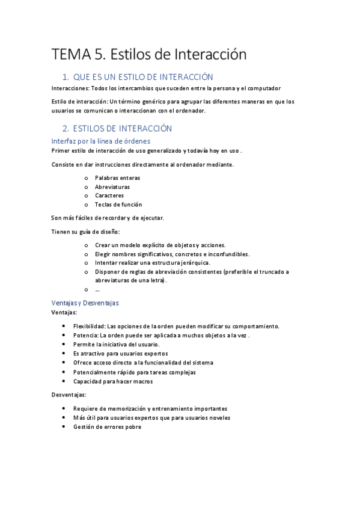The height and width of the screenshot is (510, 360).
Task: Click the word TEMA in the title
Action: coord(70,55)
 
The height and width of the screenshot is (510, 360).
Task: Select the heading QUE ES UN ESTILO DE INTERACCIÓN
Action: coord(143,77)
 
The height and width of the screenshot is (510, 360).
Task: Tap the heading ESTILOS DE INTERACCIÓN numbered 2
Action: coord(122,129)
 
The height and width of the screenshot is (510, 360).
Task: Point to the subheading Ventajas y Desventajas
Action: coord(85,303)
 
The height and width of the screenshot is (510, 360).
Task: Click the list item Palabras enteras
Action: coord(117,178)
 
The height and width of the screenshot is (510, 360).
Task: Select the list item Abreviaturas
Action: coord(112,187)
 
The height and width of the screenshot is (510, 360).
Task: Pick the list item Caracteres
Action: coord(109,195)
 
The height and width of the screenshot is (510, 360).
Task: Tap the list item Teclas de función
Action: coord(118,204)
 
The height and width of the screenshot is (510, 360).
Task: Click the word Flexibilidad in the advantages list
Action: coord(90,326)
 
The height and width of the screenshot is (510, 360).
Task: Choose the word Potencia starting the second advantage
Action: coord(85,335)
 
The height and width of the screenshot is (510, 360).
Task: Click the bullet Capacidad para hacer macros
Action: coord(113,381)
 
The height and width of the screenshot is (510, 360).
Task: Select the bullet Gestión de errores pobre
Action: coord(107,427)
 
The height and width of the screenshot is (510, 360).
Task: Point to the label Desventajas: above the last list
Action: coord(69,395)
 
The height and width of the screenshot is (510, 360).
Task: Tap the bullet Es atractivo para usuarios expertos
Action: coord(120,354)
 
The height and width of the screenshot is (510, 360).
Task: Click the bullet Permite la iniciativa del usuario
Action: coord(116,345)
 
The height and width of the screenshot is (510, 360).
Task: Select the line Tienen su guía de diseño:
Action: coord(86,232)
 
